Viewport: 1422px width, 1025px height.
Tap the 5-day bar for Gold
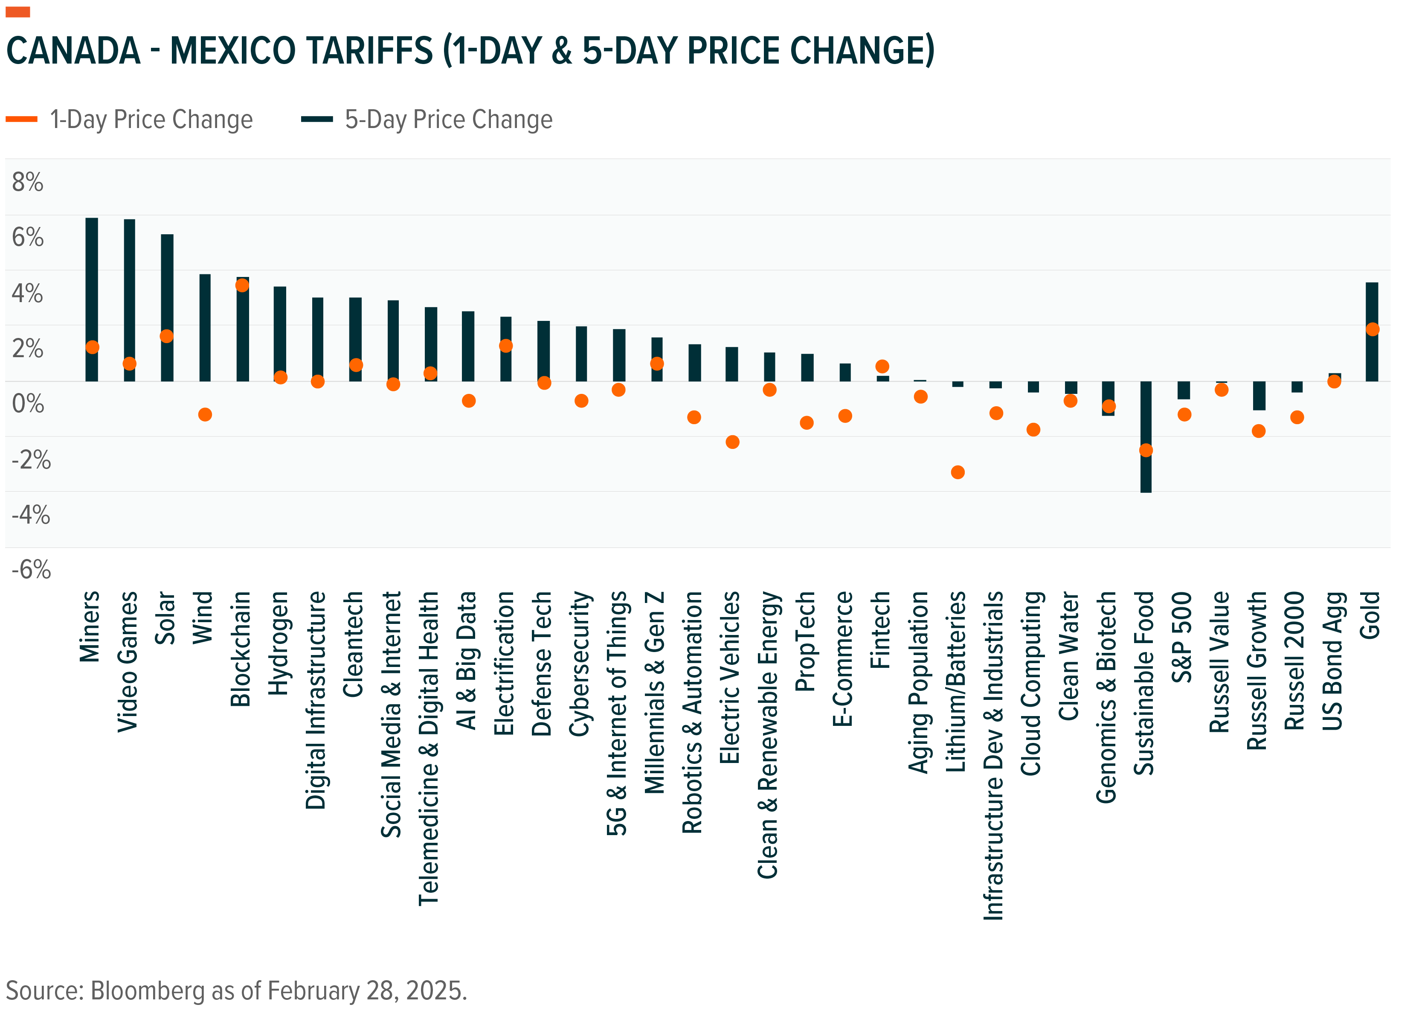(1372, 301)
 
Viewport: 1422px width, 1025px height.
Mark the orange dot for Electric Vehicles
(732, 442)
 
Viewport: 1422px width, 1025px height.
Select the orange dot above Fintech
(882, 366)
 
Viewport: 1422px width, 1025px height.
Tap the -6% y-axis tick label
(31, 570)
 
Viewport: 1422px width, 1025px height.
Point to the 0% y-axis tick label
(28, 403)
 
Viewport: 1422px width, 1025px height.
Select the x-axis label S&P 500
(1182, 637)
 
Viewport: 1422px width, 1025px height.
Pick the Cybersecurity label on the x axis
(580, 663)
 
